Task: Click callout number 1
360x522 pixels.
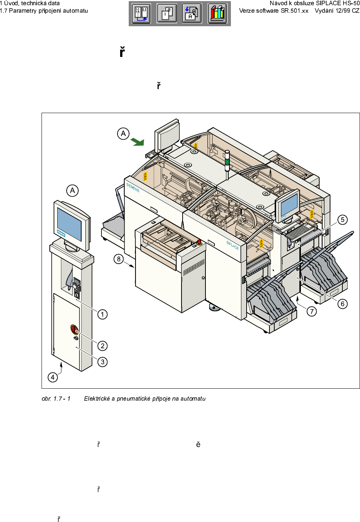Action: [103, 314]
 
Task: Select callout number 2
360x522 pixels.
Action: [103, 346]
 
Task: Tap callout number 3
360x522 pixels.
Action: [103, 362]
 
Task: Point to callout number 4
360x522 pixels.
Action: [53, 377]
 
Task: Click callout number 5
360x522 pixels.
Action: [342, 220]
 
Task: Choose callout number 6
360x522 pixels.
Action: [342, 304]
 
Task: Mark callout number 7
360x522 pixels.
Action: [312, 311]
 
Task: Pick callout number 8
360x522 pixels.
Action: [119, 259]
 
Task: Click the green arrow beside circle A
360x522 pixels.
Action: [138, 142]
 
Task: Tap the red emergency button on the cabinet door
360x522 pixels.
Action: [74, 330]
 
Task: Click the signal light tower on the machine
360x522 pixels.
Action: [227, 161]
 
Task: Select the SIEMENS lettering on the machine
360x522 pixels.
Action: [133, 187]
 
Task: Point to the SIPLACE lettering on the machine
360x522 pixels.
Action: [232, 245]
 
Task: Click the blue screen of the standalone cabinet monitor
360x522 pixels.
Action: [69, 224]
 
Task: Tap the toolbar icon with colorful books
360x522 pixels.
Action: [217, 14]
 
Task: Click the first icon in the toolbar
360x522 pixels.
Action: [142, 14]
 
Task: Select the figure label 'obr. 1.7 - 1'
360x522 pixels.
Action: [56, 398]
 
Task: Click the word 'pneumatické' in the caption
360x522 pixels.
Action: [134, 398]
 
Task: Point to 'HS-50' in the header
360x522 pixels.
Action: [351, 3]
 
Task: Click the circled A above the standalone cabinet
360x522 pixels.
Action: [73, 191]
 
